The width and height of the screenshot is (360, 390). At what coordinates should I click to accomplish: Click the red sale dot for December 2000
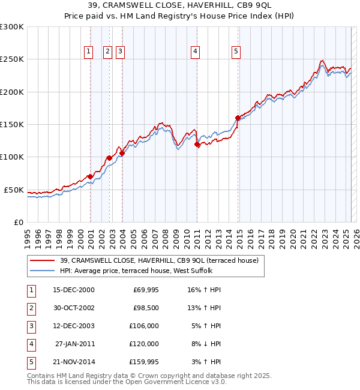[90, 176]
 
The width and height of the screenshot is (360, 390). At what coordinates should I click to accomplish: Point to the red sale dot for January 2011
[197, 144]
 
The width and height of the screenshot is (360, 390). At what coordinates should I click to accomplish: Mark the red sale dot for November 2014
[238, 118]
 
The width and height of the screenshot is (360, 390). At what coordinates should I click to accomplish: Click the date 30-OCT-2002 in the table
[73, 308]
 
